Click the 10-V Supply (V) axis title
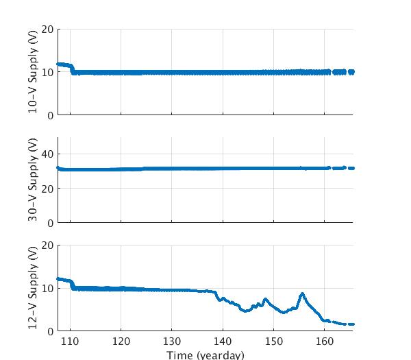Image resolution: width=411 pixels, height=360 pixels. point(33,73)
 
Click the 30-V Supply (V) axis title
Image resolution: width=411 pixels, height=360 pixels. point(33,180)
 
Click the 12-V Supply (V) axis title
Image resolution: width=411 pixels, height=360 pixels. point(33,288)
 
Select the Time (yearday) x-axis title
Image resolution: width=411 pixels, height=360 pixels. point(205,355)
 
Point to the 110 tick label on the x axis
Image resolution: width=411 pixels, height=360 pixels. point(70,342)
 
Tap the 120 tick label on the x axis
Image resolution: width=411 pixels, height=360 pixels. point(121,342)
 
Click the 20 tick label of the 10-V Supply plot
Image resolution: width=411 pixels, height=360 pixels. point(47,29)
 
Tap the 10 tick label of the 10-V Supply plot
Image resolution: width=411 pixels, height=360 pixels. point(47,73)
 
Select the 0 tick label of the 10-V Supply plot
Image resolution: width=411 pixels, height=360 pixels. point(51,115)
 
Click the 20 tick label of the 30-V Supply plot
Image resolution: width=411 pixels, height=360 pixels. point(47,189)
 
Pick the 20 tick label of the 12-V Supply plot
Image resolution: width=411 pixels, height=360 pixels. point(47,245)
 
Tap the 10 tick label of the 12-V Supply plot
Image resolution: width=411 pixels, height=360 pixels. point(47,288)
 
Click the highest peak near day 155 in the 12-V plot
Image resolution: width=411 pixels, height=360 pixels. point(302,294)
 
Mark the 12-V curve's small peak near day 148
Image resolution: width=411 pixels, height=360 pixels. point(265,300)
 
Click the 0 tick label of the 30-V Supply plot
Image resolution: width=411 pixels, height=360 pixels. point(51,223)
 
